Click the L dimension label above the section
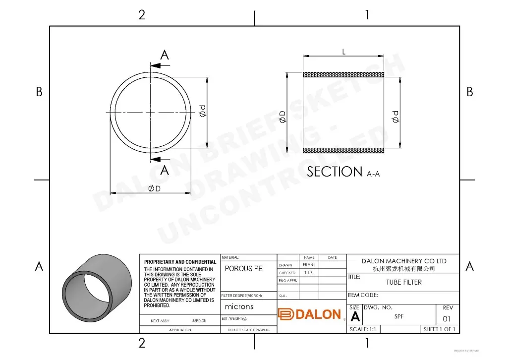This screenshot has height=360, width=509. [x=343, y=52]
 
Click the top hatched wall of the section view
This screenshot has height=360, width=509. [x=343, y=75]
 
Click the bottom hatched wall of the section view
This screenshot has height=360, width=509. [x=343, y=150]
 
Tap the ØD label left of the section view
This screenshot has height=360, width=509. [x=283, y=117]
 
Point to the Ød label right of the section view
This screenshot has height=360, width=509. [x=395, y=117]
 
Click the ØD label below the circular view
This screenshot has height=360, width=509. [x=155, y=188]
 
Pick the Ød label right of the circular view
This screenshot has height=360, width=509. [x=202, y=112]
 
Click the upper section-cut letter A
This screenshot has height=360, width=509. [x=165, y=55]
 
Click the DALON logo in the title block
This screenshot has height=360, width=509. [x=310, y=314]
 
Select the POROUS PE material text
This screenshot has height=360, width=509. [x=244, y=269]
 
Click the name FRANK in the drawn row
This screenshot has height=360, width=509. [x=309, y=265]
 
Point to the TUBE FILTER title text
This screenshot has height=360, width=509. [x=404, y=282]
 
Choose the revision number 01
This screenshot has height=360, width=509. [x=447, y=319]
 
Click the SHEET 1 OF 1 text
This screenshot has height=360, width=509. [x=439, y=329]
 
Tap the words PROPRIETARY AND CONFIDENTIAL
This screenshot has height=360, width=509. [x=180, y=262]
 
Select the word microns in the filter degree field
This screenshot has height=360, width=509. [x=239, y=306]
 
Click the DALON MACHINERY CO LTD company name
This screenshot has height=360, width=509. [x=403, y=261]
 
